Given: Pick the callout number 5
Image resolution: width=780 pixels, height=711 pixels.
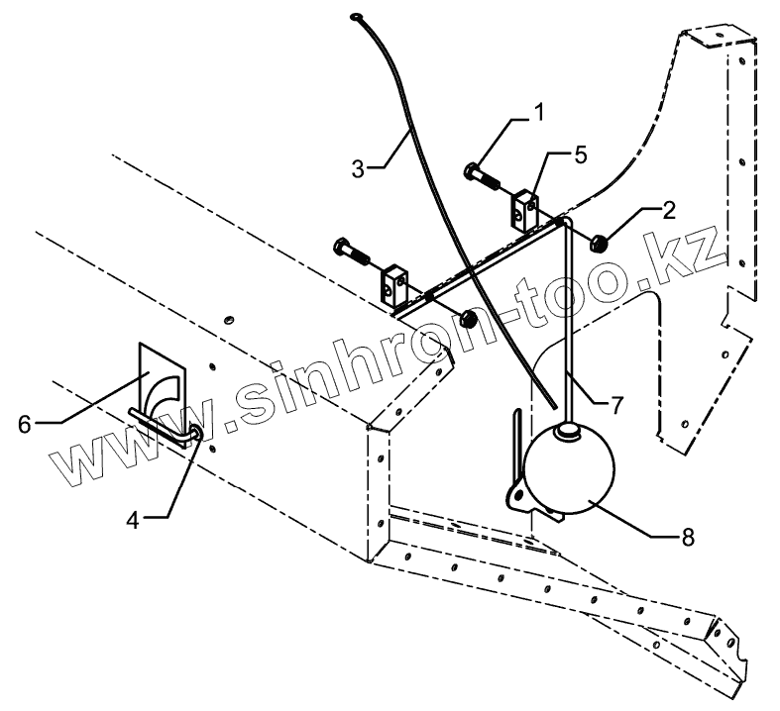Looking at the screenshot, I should tap(580, 154).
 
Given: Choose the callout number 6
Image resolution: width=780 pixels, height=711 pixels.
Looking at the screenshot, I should tap(26, 424).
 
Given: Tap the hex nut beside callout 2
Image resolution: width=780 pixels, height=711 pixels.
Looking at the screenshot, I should tap(600, 242).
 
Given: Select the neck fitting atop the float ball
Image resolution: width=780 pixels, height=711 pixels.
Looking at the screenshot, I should tap(567, 429).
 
